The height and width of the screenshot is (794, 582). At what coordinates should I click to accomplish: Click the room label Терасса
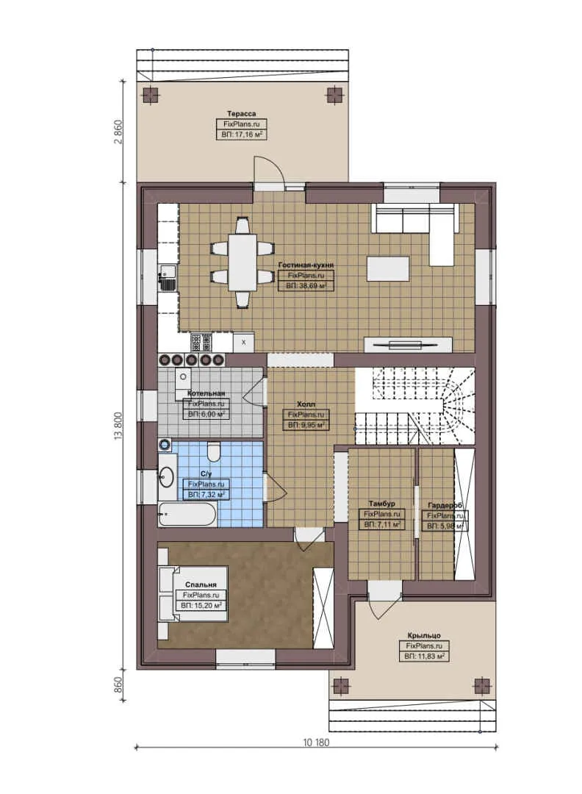coord(241,114)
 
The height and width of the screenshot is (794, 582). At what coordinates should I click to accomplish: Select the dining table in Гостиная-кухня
coord(242,262)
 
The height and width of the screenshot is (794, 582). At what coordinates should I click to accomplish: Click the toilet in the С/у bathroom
coord(214,450)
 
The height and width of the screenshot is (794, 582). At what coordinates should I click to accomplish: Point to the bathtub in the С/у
coord(187,514)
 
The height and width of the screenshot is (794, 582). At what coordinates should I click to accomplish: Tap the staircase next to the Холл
coord(415,405)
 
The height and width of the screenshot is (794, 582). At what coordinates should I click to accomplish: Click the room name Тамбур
coord(381,504)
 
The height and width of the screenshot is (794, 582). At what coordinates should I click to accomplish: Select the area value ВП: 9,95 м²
coord(306,425)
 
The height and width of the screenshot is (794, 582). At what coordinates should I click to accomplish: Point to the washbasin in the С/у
coord(167,478)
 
